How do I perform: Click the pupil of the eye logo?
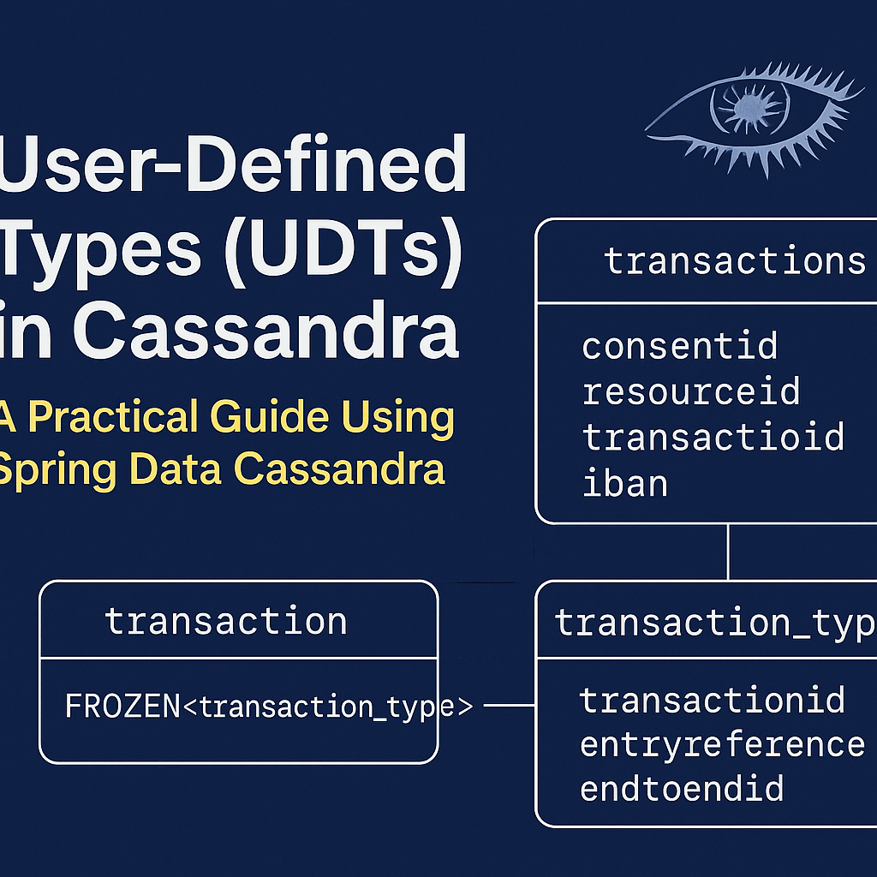click(x=749, y=108)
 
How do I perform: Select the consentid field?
click(x=679, y=347)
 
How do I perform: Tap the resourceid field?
click(x=690, y=391)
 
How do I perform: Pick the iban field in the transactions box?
click(x=624, y=483)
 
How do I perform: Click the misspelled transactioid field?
click(x=713, y=437)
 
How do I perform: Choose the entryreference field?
click(x=722, y=744)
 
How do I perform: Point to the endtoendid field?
click(x=682, y=788)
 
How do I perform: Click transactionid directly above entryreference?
click(x=712, y=700)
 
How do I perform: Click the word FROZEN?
click(x=122, y=707)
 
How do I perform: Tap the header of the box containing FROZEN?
click(x=226, y=621)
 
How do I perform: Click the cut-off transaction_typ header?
click(x=715, y=623)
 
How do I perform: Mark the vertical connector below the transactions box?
click(x=728, y=552)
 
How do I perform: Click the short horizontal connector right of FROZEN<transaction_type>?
click(x=509, y=707)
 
